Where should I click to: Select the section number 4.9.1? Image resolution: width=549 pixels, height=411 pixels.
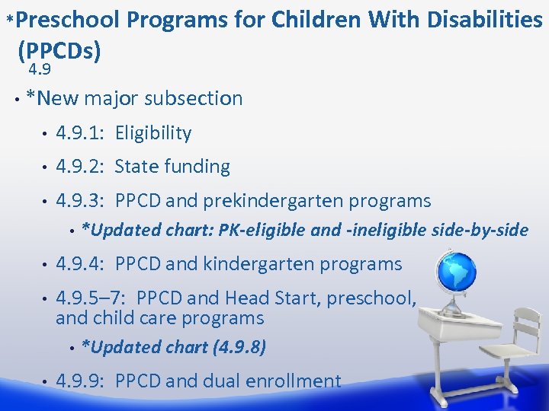(82, 133)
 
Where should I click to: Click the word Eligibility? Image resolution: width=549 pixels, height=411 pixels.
(153, 133)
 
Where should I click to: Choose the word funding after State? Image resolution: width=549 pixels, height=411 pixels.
(197, 167)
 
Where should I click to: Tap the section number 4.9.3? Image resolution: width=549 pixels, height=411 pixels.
(82, 201)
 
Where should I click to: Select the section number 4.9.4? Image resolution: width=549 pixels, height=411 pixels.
(82, 264)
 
